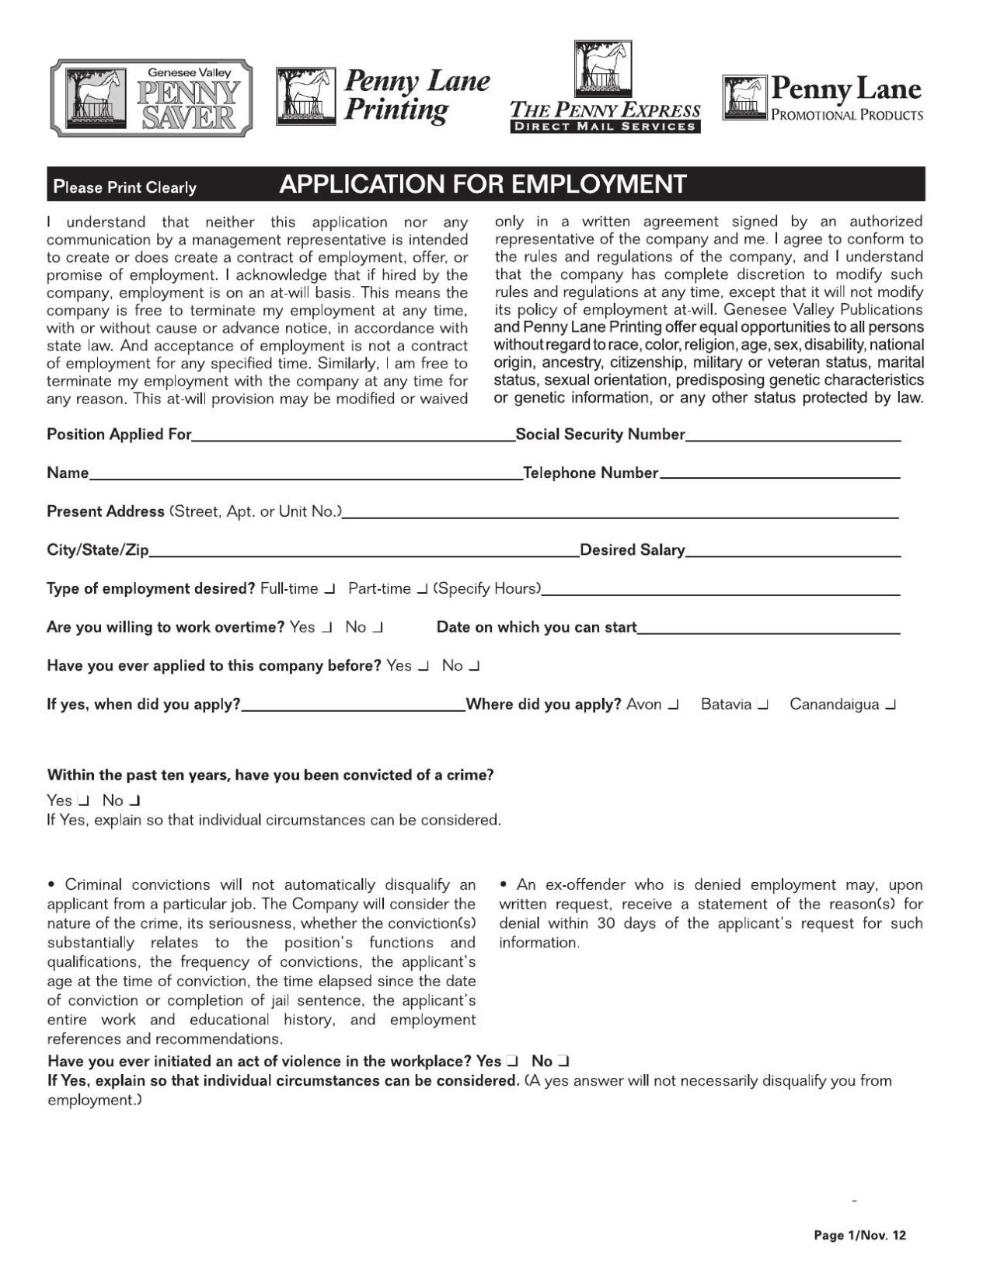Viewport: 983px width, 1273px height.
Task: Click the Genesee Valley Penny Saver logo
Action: (x=152, y=97)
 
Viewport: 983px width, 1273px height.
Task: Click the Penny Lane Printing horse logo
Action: (x=304, y=97)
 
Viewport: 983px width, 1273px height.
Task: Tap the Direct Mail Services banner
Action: (x=605, y=127)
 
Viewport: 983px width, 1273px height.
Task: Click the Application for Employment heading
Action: (x=483, y=185)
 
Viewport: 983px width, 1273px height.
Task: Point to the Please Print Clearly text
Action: (x=124, y=187)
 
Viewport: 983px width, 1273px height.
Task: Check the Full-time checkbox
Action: (x=329, y=589)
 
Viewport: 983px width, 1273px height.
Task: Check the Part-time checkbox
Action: (x=422, y=589)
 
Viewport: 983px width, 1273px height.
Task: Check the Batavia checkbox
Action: (x=763, y=705)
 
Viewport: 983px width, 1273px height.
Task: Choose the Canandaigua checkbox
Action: (x=891, y=705)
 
